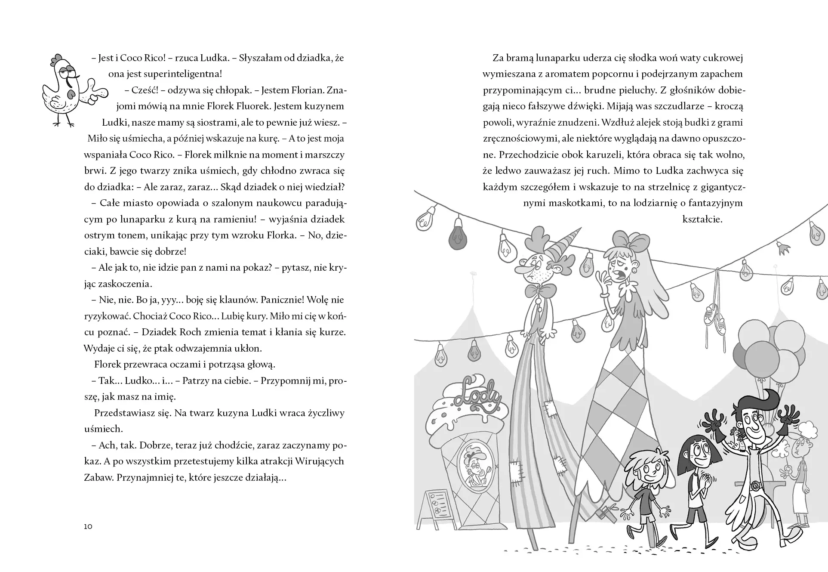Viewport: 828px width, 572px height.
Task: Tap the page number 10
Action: coord(88,526)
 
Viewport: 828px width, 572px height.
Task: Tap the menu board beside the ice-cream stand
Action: coord(439,510)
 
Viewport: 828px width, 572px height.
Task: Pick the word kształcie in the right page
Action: coord(702,219)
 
